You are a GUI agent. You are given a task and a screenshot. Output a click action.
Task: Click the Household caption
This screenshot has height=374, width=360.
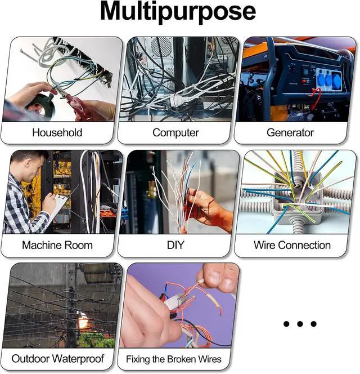tap(57, 132)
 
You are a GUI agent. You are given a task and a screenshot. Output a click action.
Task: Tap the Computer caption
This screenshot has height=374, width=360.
tap(175, 133)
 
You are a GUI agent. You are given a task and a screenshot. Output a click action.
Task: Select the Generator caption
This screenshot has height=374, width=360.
tap(290, 132)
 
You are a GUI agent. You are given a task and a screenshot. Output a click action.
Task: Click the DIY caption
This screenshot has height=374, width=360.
tap(175, 245)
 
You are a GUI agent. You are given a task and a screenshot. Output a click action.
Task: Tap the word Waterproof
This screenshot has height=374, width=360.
tap(78, 359)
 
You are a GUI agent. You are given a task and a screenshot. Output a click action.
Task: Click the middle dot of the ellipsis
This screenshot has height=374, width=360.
tap(300, 324)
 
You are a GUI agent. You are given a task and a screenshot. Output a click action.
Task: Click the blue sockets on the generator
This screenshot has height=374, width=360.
tap(329, 79)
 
